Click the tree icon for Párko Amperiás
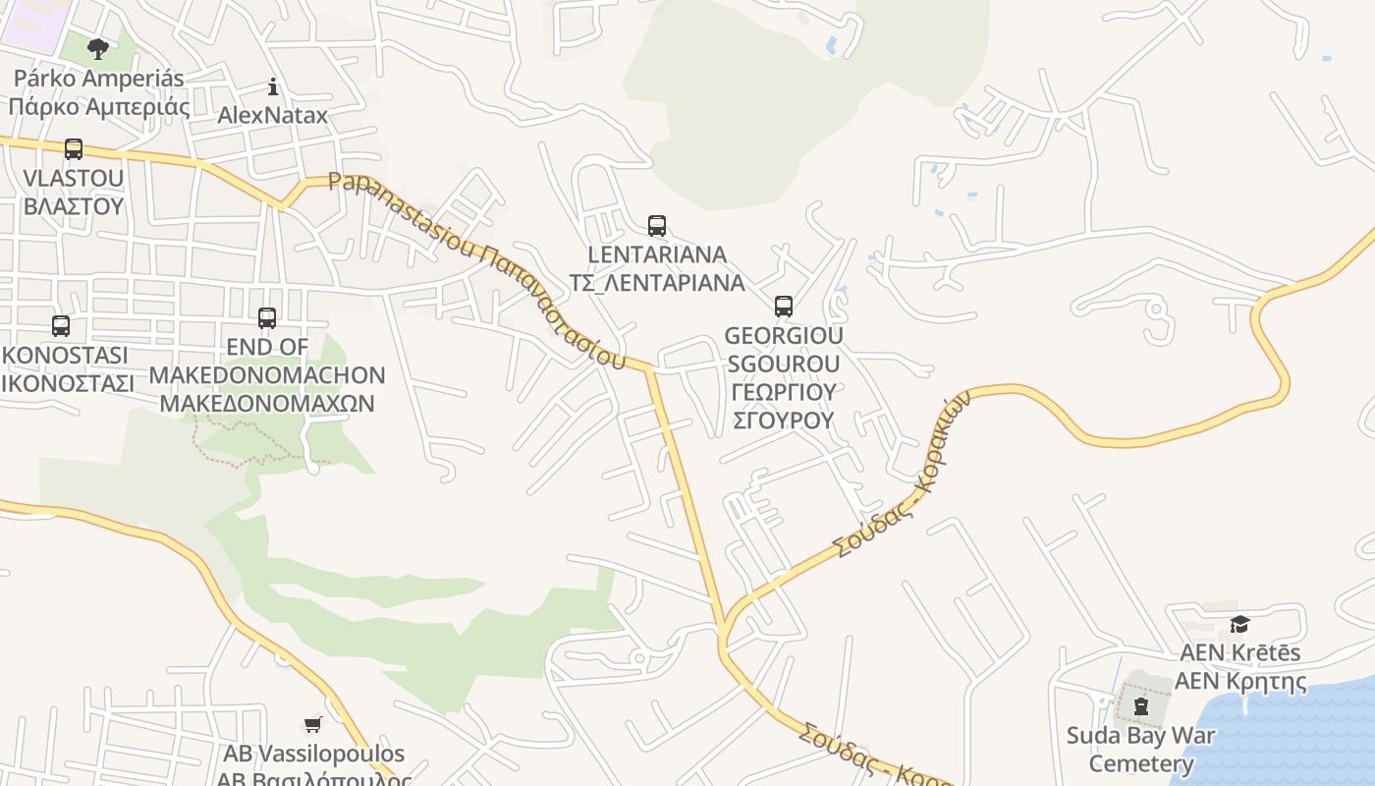click(97, 48)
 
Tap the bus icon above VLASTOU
click(74, 149)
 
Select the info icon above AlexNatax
click(273, 86)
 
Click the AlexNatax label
click(272, 115)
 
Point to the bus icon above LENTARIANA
click(657, 226)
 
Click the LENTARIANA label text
click(657, 254)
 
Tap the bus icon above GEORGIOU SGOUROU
click(783, 307)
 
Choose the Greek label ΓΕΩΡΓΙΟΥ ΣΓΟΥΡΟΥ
click(784, 406)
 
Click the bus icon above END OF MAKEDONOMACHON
click(266, 318)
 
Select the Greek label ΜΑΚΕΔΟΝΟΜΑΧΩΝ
click(266, 404)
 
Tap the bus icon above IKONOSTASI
click(61, 326)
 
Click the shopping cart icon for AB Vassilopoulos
click(312, 725)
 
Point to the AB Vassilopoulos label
click(313, 754)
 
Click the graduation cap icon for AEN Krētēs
click(1239, 625)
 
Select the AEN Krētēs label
click(1239, 652)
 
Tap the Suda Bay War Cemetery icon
click(1140, 706)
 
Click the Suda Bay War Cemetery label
click(1140, 749)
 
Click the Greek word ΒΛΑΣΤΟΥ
click(74, 206)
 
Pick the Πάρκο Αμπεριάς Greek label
click(98, 106)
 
